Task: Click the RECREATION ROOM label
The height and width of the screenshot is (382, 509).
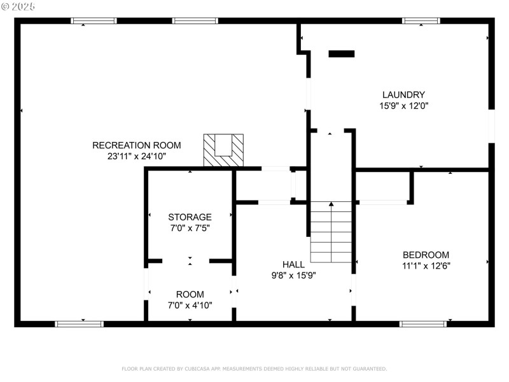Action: tap(137, 145)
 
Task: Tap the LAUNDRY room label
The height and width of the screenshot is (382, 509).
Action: tap(403, 95)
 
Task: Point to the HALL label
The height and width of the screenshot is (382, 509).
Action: tap(293, 264)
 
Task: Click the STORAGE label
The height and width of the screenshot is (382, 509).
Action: tap(190, 217)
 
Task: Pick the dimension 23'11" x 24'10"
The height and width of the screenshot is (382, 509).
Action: tap(137, 156)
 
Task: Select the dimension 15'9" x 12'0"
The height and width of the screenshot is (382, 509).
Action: tap(403, 106)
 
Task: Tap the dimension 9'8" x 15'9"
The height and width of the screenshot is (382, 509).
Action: tap(293, 275)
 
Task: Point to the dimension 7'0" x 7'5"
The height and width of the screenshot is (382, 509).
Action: tap(190, 229)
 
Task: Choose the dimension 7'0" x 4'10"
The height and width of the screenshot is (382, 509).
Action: tap(190, 305)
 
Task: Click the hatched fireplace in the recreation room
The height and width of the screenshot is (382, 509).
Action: tap(223, 150)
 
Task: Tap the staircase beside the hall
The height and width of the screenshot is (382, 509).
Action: tap(331, 232)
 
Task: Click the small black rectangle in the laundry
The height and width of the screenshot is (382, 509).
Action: tap(342, 54)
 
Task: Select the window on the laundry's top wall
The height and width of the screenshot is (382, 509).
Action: tap(421, 21)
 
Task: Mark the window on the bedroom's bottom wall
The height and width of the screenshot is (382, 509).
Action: tap(423, 323)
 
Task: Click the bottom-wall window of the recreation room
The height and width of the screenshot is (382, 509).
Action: tap(80, 323)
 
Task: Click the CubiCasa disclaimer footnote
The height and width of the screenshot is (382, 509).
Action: tap(254, 369)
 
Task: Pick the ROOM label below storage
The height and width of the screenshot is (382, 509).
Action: tap(190, 294)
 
